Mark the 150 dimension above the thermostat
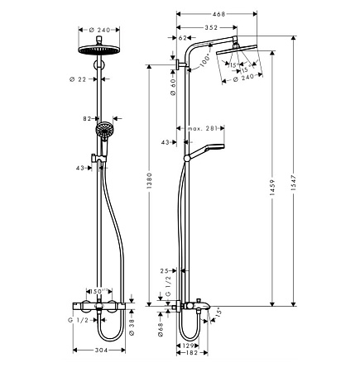point(98,291)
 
